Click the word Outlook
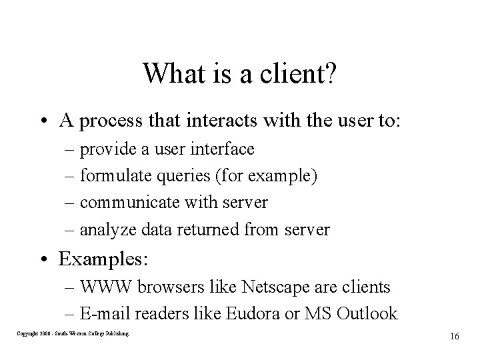pos(371,314)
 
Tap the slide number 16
pos(454,336)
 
